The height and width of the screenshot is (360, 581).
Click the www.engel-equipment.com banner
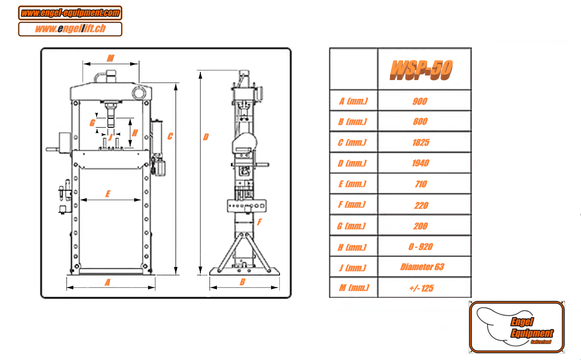click(x=70, y=13)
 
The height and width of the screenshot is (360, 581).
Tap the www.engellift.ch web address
click(x=70, y=29)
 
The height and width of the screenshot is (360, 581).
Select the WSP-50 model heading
click(x=421, y=70)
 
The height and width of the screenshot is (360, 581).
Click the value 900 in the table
click(x=420, y=101)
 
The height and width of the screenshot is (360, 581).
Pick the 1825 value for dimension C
click(x=421, y=142)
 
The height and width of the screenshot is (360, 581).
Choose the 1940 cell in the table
click(x=420, y=163)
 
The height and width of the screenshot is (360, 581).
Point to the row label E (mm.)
click(x=352, y=184)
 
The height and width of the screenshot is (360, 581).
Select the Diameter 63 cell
click(x=422, y=267)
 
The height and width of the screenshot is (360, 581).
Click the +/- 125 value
click(x=421, y=288)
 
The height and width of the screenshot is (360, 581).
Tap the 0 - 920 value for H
click(x=420, y=247)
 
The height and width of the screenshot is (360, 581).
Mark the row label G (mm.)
click(x=352, y=226)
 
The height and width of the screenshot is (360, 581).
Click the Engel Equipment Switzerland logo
click(x=517, y=327)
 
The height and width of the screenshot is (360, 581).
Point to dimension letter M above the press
click(x=110, y=58)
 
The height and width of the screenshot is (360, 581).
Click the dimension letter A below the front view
click(x=107, y=282)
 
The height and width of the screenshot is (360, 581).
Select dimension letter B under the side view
click(x=242, y=282)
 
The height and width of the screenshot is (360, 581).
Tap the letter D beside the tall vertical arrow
click(x=206, y=137)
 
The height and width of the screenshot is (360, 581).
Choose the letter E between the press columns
click(x=108, y=194)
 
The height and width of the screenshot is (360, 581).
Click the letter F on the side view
click(x=259, y=222)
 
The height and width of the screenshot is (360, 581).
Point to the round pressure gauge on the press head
click(x=139, y=93)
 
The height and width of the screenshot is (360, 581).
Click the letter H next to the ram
click(x=135, y=133)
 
